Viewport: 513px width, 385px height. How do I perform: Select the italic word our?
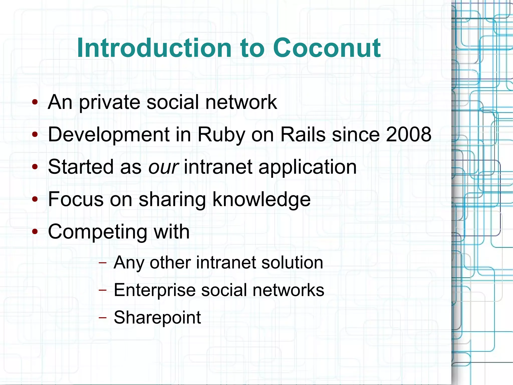click(163, 167)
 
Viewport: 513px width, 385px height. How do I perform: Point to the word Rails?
click(303, 134)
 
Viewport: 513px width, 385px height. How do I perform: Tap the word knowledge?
click(261, 200)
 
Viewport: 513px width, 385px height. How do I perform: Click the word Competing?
click(97, 232)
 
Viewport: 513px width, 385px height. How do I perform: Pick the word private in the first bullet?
click(109, 103)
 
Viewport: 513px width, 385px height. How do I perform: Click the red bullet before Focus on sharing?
click(35, 200)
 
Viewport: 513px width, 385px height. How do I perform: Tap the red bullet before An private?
click(35, 102)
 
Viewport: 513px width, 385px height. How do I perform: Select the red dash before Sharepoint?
click(102, 318)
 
